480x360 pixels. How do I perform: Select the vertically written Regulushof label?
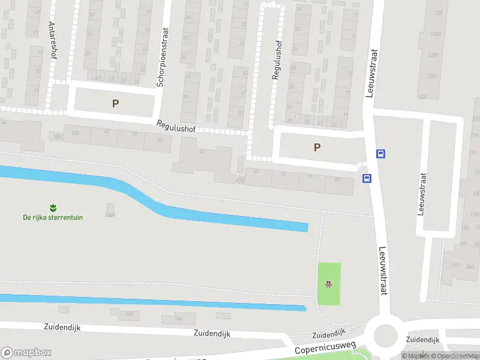pos(277,60)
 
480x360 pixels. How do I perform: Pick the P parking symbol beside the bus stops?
pos(317,147)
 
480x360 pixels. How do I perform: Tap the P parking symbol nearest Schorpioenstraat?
pos(115,103)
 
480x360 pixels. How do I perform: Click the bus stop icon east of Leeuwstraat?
pos(380,154)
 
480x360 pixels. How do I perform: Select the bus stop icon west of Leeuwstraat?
pos(367,178)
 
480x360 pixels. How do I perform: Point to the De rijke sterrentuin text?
pos(53,217)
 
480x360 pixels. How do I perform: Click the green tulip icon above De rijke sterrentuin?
pos(53,208)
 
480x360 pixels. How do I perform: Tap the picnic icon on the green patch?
pos(328,284)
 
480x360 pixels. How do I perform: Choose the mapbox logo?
pos(26,353)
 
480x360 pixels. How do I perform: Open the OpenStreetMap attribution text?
pos(454,356)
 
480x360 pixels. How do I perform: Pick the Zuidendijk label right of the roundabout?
pos(422,340)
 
